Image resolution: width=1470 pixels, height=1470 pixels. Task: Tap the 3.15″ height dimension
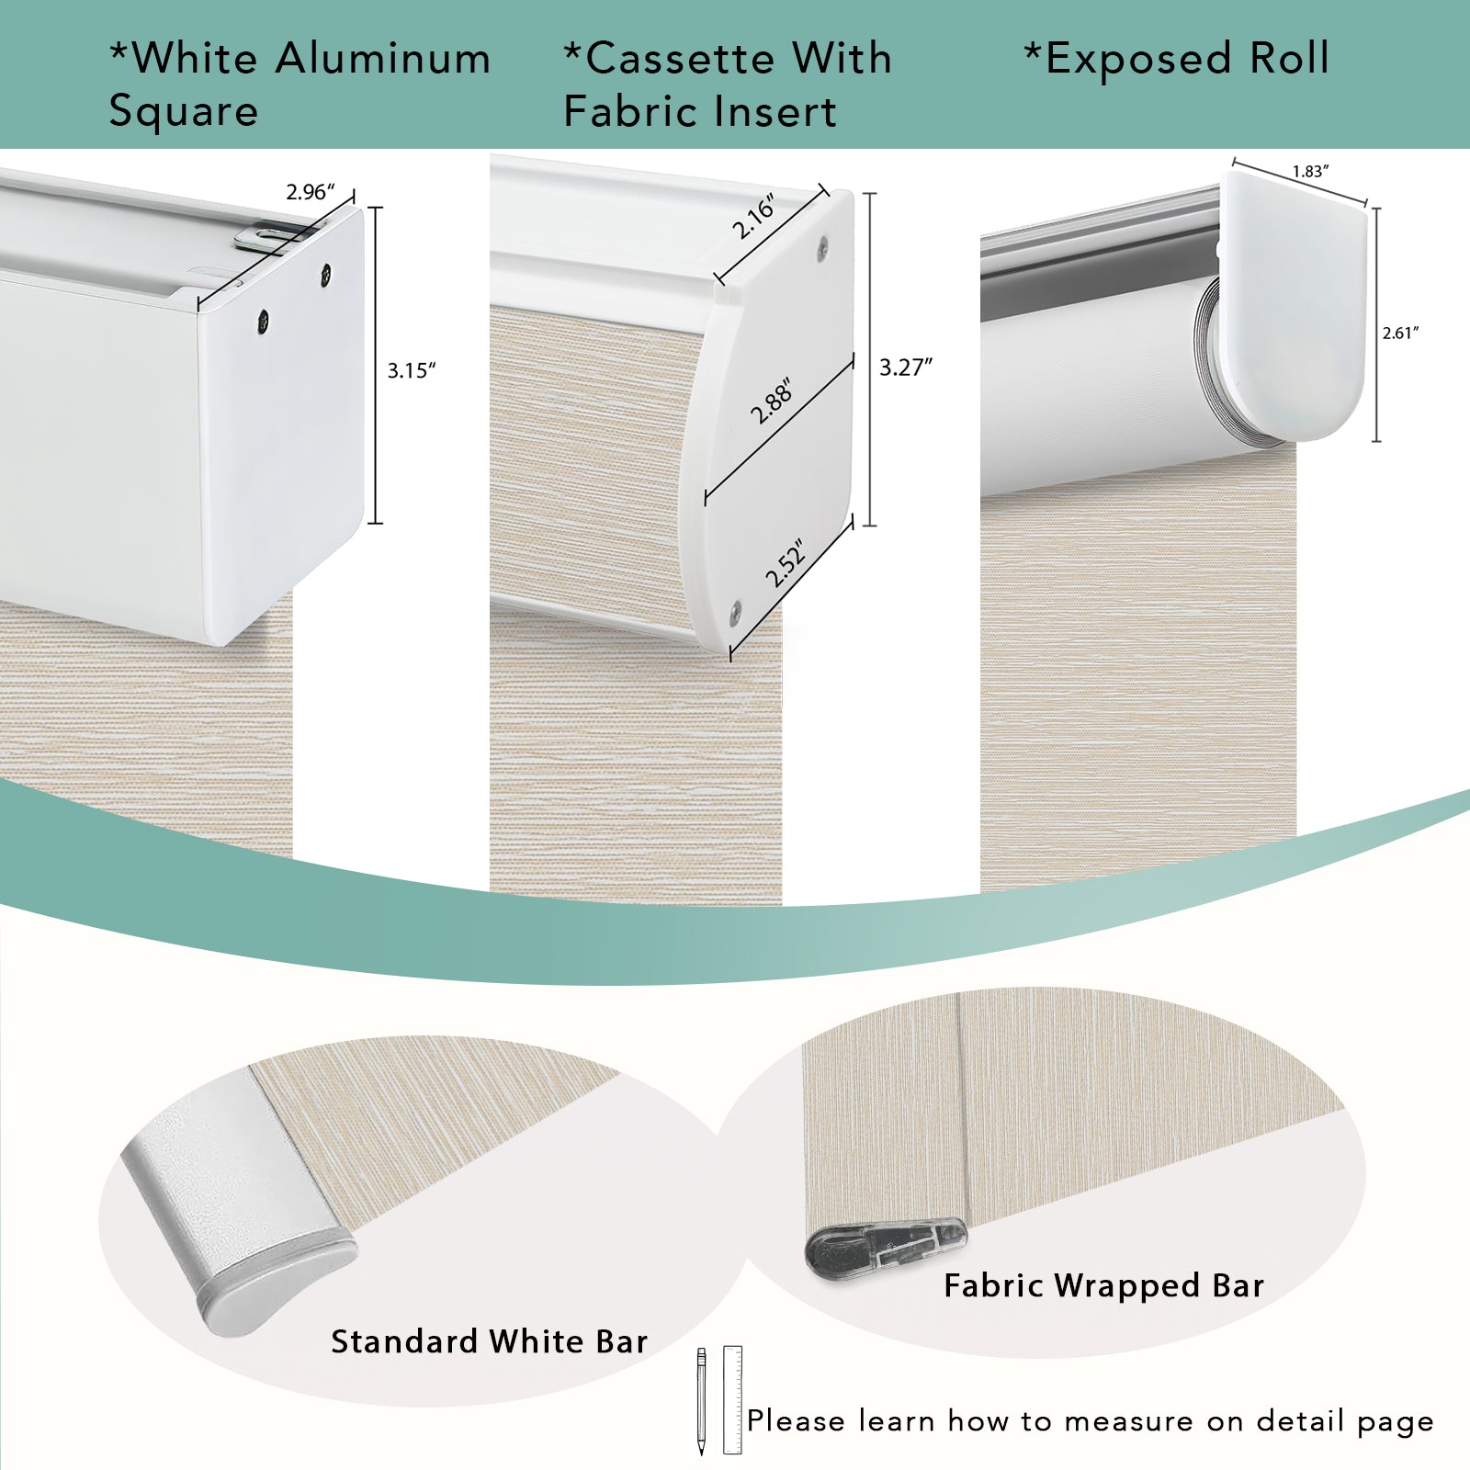point(412,370)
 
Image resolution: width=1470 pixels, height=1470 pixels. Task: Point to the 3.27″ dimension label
point(906,367)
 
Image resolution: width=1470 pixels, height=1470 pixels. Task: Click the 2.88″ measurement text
point(771,401)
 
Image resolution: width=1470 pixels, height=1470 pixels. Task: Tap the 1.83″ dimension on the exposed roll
point(1311,172)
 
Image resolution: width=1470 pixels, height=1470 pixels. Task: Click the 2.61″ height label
point(1401,333)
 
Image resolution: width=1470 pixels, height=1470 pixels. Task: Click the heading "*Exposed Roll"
point(1177,59)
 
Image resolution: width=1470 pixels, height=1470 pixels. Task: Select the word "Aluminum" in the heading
point(383,59)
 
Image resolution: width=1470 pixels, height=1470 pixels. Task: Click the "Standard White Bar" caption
point(490,1341)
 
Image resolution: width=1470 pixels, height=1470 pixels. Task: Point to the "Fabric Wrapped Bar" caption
point(1104,1285)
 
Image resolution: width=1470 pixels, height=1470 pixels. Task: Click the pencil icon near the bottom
point(701,1401)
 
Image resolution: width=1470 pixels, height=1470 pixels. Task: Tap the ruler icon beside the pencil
point(732,1399)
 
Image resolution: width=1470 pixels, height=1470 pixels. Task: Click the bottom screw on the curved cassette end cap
point(737,606)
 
